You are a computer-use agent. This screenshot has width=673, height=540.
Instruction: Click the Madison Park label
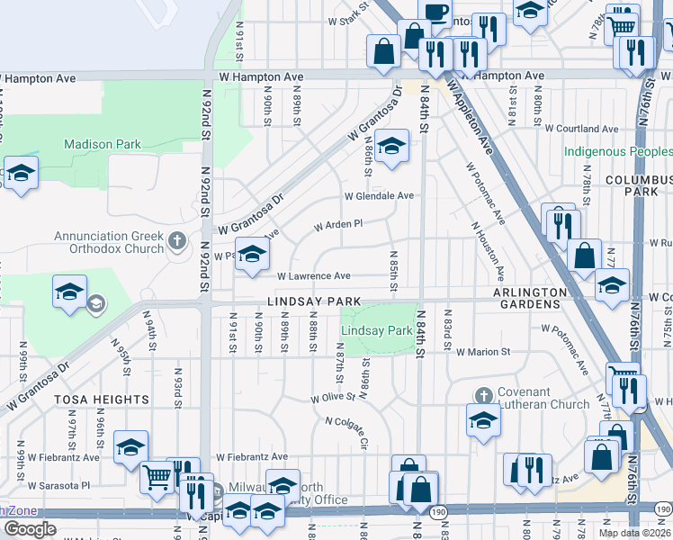[x=103, y=144]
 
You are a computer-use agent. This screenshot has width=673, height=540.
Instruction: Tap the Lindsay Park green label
[x=376, y=331]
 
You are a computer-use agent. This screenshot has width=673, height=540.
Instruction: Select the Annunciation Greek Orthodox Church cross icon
[x=176, y=240]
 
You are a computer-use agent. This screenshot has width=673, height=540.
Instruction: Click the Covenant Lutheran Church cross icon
[x=483, y=396]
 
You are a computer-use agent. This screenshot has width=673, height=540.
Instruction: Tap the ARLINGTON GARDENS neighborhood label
[x=530, y=298]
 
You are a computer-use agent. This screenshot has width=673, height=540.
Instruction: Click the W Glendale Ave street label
[x=378, y=195]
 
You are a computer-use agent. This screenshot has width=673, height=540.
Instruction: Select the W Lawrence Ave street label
[x=314, y=276]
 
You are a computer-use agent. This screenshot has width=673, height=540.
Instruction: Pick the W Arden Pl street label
[x=337, y=224]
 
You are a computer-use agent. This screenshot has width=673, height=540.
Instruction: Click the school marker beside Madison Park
[x=20, y=173]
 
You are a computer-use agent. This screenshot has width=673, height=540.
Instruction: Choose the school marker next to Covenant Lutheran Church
[x=483, y=420]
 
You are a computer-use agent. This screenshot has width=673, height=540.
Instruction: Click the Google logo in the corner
[x=30, y=528]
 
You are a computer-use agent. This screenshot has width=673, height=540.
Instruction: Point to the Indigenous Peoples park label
[x=618, y=151]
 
